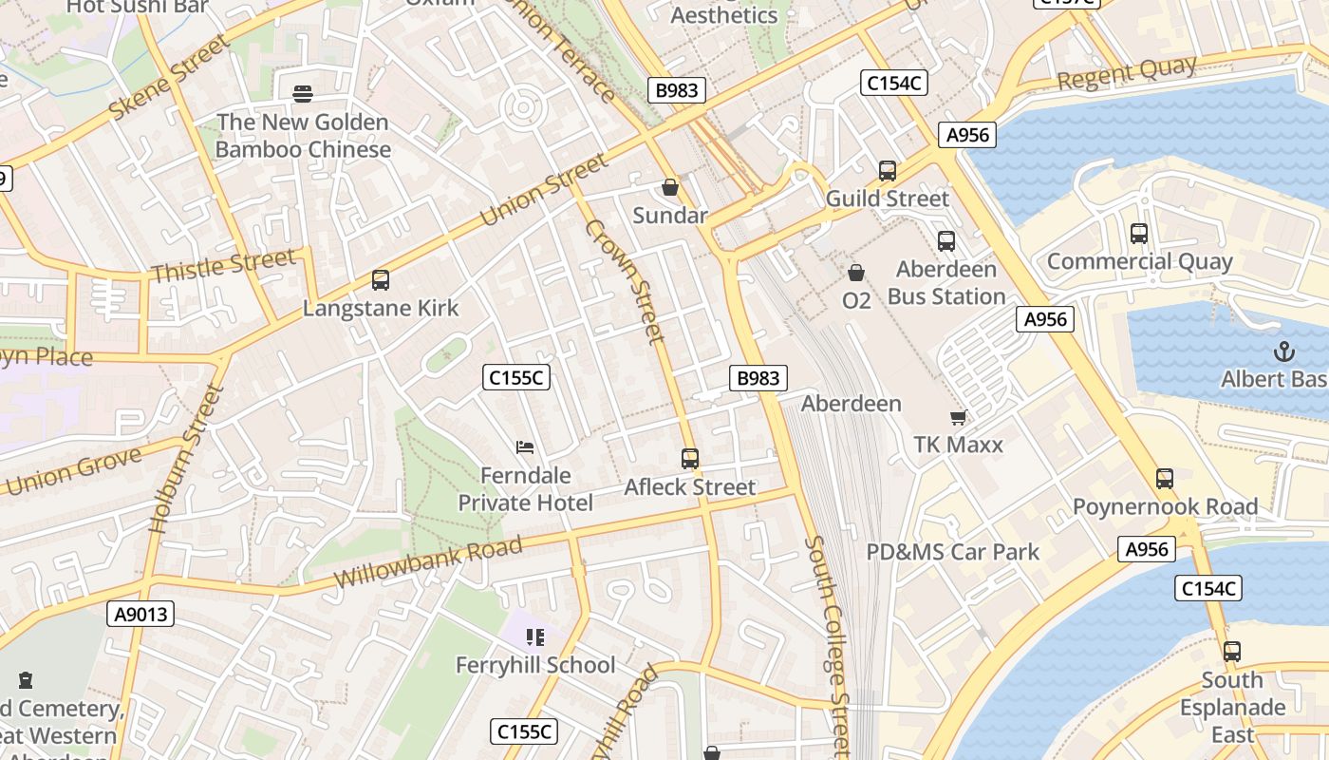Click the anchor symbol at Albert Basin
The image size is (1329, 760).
(x=1283, y=351)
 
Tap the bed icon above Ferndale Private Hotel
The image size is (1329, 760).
(x=525, y=446)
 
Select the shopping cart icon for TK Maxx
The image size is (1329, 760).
(x=958, y=417)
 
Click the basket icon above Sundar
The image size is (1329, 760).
(x=670, y=187)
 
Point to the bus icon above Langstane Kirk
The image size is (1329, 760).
(x=381, y=280)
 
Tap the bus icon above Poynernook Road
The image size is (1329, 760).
(x=1165, y=479)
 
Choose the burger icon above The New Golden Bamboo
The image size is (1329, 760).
(x=303, y=93)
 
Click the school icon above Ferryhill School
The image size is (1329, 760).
(x=535, y=637)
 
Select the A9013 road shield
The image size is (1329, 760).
(x=140, y=615)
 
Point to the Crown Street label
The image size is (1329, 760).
(x=624, y=281)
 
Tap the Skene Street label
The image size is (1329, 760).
(x=170, y=78)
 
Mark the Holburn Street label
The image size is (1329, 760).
(x=186, y=459)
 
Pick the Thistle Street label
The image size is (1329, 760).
(x=223, y=266)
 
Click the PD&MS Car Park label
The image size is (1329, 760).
(x=952, y=552)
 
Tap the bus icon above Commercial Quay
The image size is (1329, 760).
(x=1139, y=234)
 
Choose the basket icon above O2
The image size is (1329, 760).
(x=856, y=274)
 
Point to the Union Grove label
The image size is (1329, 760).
(x=72, y=470)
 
